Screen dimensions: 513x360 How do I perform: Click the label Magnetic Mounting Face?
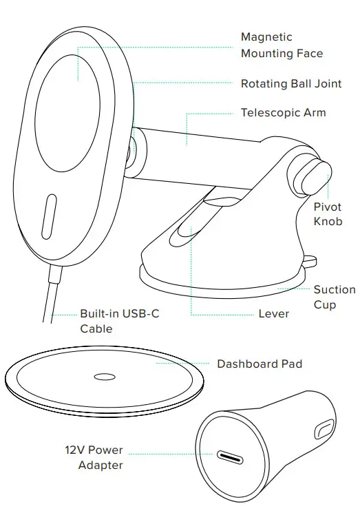(x=282, y=45)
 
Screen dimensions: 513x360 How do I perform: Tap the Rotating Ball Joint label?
(x=291, y=84)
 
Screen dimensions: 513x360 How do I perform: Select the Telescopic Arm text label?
(x=283, y=112)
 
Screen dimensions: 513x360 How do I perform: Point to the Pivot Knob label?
(x=328, y=214)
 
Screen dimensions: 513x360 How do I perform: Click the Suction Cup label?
(x=335, y=297)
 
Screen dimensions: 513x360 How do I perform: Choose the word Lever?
(x=274, y=313)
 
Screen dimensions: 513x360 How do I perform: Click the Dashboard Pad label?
(x=260, y=364)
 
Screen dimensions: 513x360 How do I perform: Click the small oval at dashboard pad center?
(x=105, y=377)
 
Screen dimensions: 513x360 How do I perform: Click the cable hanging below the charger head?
(x=52, y=296)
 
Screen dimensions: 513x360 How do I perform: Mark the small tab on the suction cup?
(x=312, y=260)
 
